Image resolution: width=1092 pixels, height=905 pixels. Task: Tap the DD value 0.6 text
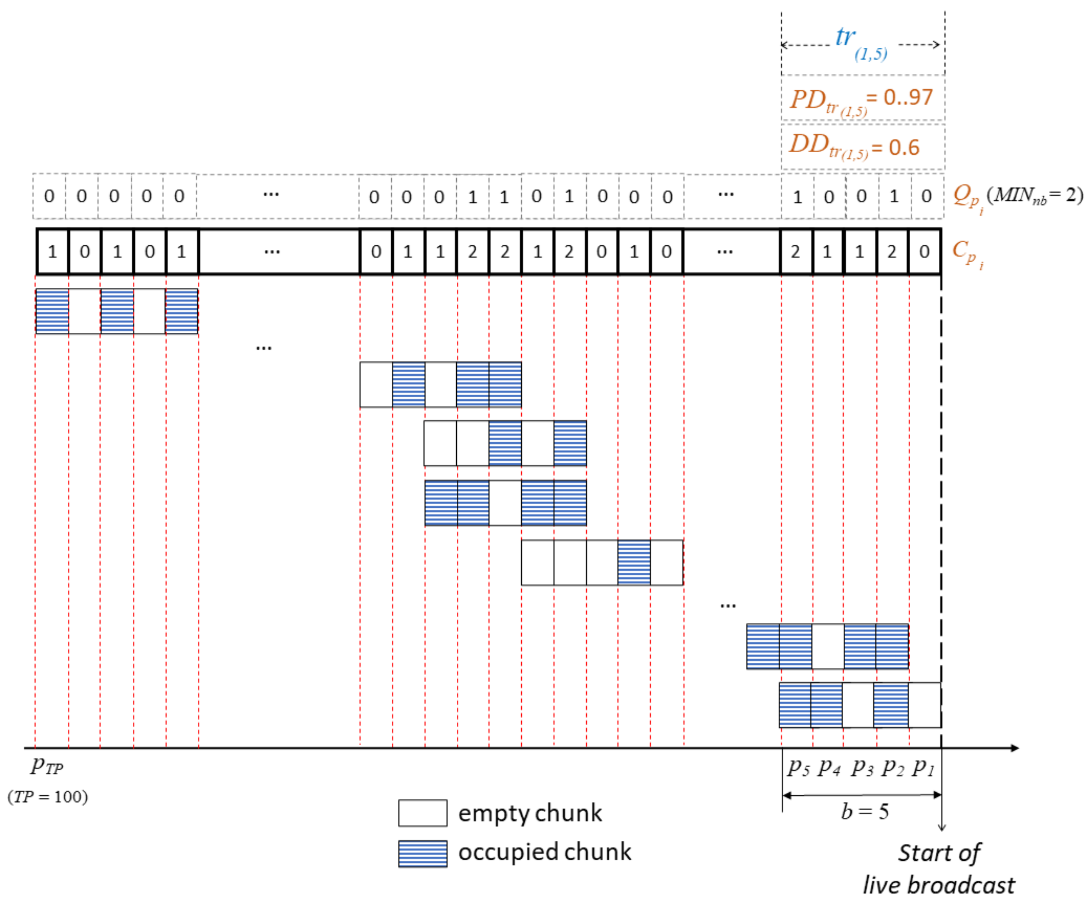904,148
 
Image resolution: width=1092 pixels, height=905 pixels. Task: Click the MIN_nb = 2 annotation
1035,195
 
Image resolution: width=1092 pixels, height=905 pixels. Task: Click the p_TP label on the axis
46,766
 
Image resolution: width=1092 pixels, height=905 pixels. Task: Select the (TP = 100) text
48,796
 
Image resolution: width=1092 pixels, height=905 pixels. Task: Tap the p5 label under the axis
798,767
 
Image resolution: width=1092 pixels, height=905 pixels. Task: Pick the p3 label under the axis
862,767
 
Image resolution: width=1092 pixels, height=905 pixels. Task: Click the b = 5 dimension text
865,811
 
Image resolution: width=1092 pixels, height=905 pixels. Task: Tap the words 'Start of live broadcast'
938,869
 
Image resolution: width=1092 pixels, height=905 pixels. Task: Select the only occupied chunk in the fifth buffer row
634,562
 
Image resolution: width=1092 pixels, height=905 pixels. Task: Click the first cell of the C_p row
52,252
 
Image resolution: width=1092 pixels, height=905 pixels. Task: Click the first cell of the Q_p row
49,196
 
